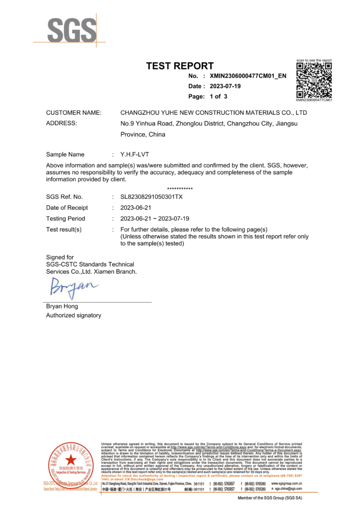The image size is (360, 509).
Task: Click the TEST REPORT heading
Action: click(180, 66)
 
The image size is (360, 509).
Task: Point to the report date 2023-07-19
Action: click(230, 86)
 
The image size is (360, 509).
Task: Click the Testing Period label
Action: click(65, 219)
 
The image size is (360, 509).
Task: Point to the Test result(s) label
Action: click(64, 229)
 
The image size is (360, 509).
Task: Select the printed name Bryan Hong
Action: click(62, 306)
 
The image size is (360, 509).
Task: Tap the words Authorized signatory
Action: click(74, 315)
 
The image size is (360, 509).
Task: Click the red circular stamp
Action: click(71, 465)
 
